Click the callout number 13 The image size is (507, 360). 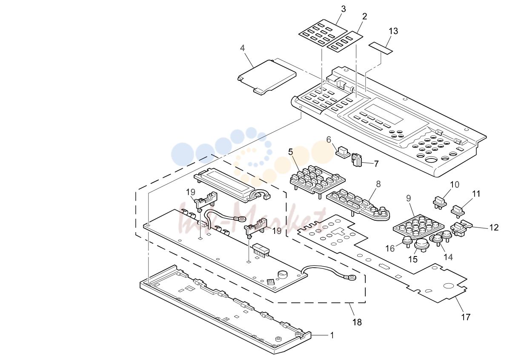pos(393,31)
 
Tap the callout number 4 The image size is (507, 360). pos(243,48)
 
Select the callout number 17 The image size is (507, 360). pos(466,317)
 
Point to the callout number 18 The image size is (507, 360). pos(357,322)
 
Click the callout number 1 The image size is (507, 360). pos(332,335)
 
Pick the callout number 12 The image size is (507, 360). pos(494,228)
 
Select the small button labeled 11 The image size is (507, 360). pos(458,210)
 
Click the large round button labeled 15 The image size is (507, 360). pos(421,245)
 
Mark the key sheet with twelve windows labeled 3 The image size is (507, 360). pos(318,33)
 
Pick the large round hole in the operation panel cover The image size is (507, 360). pos(430,160)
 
